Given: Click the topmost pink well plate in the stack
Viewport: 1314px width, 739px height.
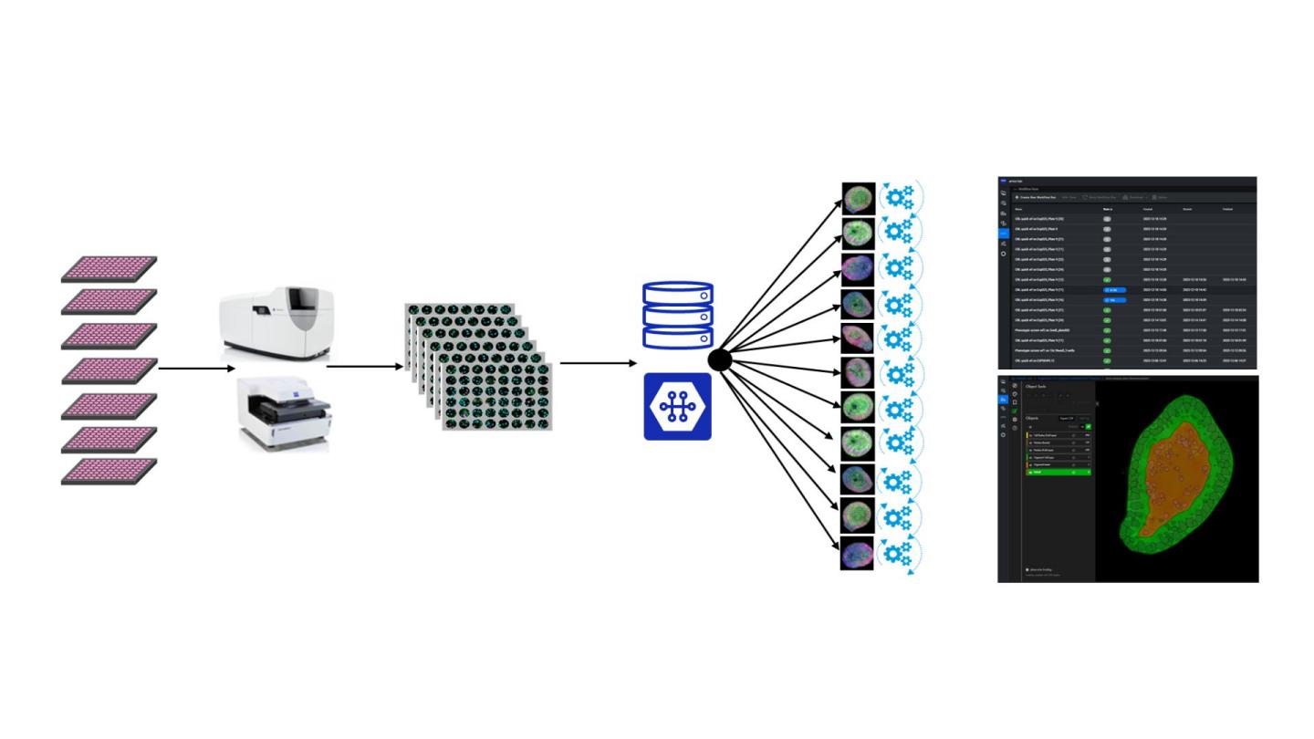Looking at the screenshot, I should pyautogui.click(x=109, y=267).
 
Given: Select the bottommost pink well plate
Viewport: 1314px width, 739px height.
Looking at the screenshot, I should pyautogui.click(x=109, y=471).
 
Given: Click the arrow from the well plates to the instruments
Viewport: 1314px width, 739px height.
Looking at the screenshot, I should pyautogui.click(x=196, y=369).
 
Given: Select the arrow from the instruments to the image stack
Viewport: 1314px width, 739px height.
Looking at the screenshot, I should pyautogui.click(x=364, y=367).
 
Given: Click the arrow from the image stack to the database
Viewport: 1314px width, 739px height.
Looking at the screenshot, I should pyautogui.click(x=599, y=363).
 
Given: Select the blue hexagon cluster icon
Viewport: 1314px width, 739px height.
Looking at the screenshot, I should pyautogui.click(x=677, y=406).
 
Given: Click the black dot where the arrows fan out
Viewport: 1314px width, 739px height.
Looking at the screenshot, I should pyautogui.click(x=719, y=360).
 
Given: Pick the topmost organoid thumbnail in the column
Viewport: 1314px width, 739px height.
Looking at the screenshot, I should pyautogui.click(x=858, y=198).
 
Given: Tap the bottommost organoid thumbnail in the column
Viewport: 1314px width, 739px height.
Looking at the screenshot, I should pyautogui.click(x=858, y=554).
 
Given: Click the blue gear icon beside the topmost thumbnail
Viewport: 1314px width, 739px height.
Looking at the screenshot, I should pyautogui.click(x=900, y=198).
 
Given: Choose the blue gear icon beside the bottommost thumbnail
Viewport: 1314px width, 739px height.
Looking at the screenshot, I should pyautogui.click(x=900, y=554).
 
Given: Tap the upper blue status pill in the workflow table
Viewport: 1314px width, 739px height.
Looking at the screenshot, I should pyautogui.click(x=1114, y=289).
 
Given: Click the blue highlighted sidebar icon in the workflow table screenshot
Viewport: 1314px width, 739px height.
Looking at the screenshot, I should pyautogui.click(x=1004, y=234).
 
